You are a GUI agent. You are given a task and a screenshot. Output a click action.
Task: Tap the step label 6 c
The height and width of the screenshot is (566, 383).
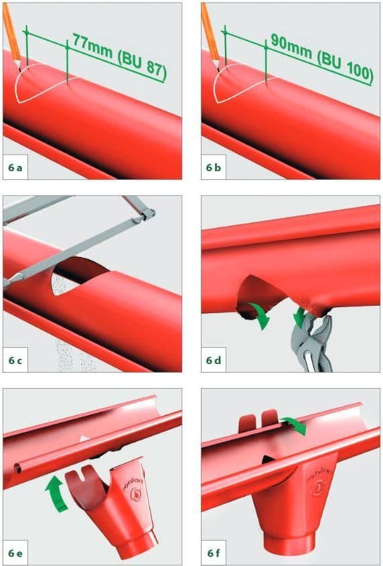coord(17,361)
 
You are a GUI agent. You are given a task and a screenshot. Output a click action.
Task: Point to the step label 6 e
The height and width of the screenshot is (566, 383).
coord(17,553)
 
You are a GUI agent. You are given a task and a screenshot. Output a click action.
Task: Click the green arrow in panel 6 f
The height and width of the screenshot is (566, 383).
coord(295,423)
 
